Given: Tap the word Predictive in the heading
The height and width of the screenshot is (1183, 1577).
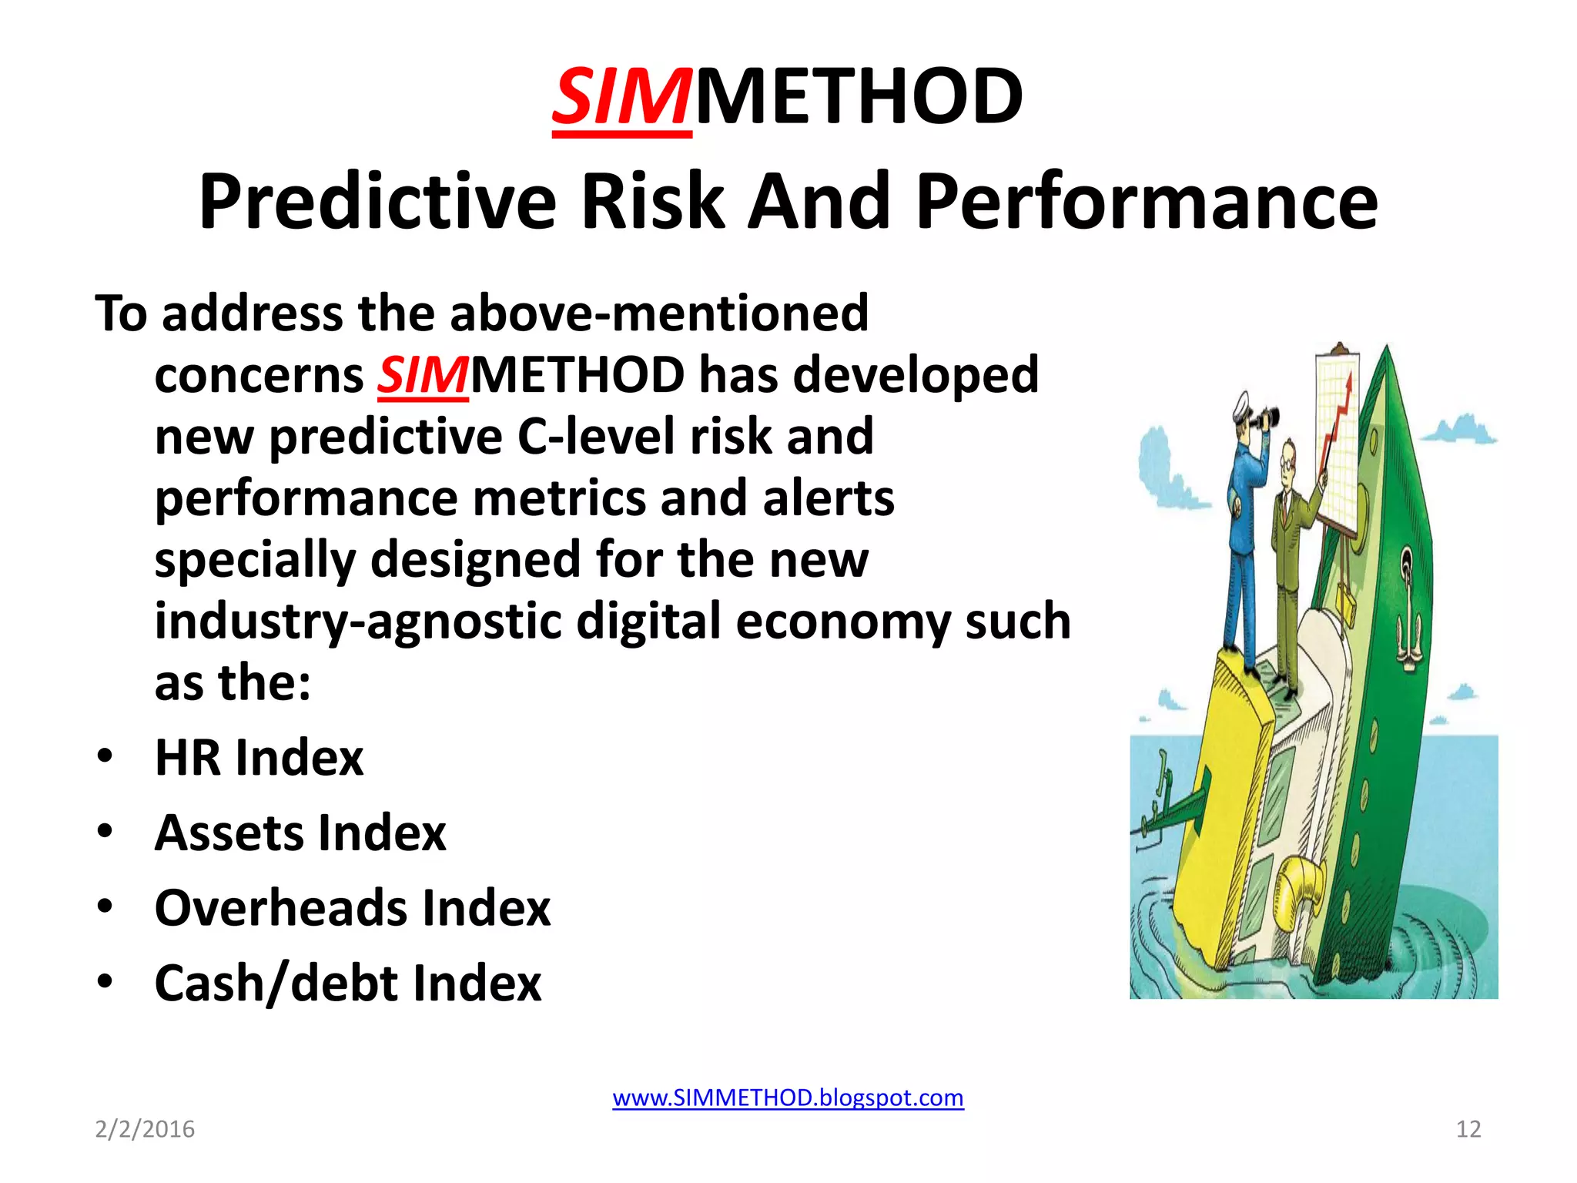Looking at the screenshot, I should click(x=377, y=202).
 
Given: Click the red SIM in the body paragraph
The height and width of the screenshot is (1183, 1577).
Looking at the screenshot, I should click(x=422, y=376).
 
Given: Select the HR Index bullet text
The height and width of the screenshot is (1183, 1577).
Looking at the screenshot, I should click(x=259, y=758).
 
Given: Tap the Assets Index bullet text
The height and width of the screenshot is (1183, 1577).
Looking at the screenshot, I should click(x=300, y=833).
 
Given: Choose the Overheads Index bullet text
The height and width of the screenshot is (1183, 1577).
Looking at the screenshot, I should click(x=353, y=908).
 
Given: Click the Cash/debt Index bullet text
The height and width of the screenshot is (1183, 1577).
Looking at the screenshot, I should click(x=348, y=984).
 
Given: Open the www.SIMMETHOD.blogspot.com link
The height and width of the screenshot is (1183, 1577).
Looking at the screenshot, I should click(x=788, y=1097).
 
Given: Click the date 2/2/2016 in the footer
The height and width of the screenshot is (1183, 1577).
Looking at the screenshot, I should click(x=145, y=1129).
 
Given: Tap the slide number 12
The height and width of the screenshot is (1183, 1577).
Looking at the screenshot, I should click(x=1468, y=1129).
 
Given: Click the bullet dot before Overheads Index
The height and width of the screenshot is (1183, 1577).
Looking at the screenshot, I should click(x=105, y=906).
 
